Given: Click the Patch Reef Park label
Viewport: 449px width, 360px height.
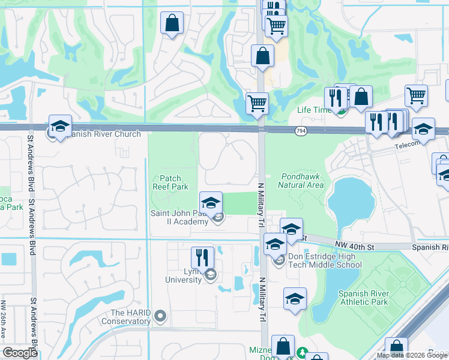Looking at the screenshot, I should pyautogui.click(x=174, y=182).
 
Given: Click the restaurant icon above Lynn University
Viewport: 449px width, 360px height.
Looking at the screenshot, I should pyautogui.click(x=202, y=257).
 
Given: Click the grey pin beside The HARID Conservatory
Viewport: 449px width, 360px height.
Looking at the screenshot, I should pyautogui.click(x=160, y=316).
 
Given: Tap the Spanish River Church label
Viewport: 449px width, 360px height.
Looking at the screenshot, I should pyautogui.click(x=103, y=134).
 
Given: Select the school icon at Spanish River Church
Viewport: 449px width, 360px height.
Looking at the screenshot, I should pyautogui.click(x=60, y=126).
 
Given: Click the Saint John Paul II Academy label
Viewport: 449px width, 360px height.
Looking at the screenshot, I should pyautogui.click(x=181, y=217).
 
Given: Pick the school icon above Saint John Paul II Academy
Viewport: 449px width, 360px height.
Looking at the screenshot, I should pyautogui.click(x=211, y=203).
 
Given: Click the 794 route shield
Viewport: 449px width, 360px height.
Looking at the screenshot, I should pyautogui.click(x=301, y=131).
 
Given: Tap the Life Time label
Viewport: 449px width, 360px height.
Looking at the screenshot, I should pyautogui.click(x=314, y=110).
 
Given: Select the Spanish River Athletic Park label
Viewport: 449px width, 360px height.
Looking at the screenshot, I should pyautogui.click(x=364, y=298).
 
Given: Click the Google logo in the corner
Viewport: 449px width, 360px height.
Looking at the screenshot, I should pyautogui.click(x=20, y=353).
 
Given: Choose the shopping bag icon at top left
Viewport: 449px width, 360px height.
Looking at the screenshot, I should pyautogui.click(x=172, y=24).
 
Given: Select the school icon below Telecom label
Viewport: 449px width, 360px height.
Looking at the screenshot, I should pyautogui.click(x=423, y=130).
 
